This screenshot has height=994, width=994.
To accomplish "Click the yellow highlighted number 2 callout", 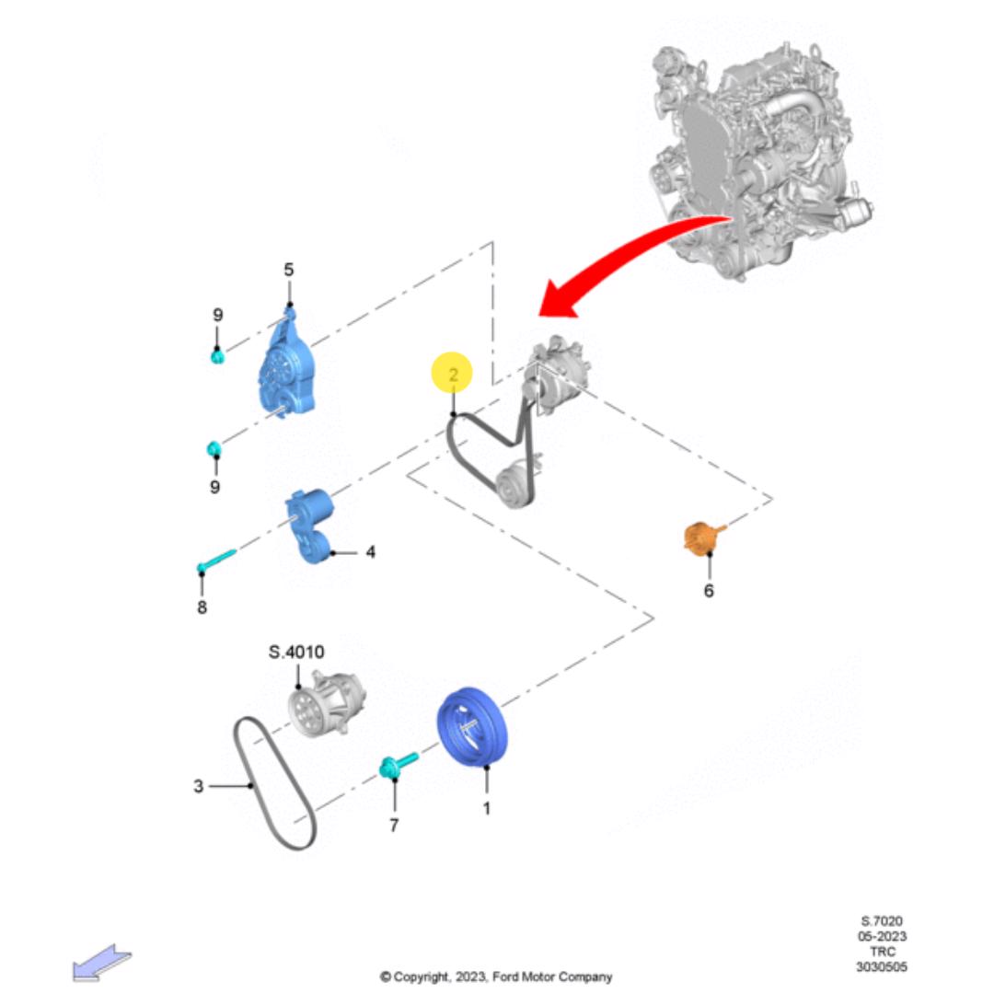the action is tap(452, 372).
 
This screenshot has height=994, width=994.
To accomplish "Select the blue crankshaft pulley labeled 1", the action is tap(473, 727).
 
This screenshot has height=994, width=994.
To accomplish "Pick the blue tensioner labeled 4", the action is tap(311, 525).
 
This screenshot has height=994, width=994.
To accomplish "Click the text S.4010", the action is tap(296, 652).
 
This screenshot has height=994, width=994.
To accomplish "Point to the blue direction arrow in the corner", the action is tap(101, 963).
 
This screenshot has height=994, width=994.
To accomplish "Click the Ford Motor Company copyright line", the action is tap(496, 977).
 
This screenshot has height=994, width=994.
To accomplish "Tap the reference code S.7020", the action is tap(881, 921).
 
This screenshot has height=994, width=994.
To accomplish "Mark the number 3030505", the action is tap(881, 966).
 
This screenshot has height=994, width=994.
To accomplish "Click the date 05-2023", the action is tap(882, 936).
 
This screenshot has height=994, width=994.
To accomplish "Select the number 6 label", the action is tap(709, 591).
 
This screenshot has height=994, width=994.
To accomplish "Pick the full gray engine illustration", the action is tap(761, 162).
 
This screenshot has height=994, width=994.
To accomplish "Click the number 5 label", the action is tap(288, 270).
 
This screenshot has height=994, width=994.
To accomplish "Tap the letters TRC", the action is tap(883, 952).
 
